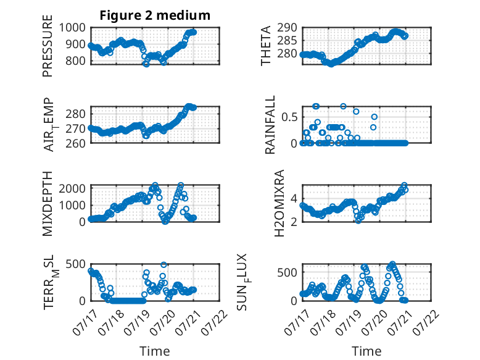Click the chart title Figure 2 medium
[x=155, y=15]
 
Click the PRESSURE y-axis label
[x=48, y=46]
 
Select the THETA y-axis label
[x=266, y=46]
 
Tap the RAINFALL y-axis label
[x=270, y=125]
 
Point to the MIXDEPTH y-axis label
[x=48, y=203]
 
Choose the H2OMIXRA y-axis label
[x=279, y=203]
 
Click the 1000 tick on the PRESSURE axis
[x=72, y=28]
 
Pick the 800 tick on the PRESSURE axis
[x=76, y=61]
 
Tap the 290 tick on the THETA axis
[x=287, y=28]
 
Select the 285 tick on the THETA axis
[x=287, y=40]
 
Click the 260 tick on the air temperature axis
[x=76, y=143]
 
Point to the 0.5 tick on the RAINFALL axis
[x=289, y=117]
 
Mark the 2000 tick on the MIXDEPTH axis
[x=72, y=188]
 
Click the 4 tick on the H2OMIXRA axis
[x=294, y=199]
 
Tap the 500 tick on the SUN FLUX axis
[x=287, y=272]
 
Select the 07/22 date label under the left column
[x=215, y=322]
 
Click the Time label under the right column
[x=366, y=351]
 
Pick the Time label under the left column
[x=155, y=351]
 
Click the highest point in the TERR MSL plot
[x=163, y=265]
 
